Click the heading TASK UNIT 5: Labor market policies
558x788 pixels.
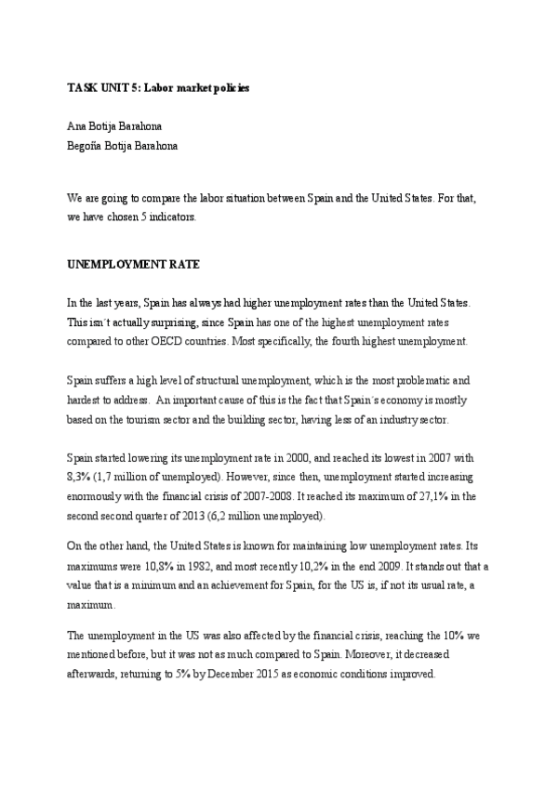click(158, 87)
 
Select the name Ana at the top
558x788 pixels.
click(77, 125)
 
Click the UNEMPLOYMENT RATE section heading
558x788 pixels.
click(133, 264)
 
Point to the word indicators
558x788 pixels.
click(192, 217)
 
